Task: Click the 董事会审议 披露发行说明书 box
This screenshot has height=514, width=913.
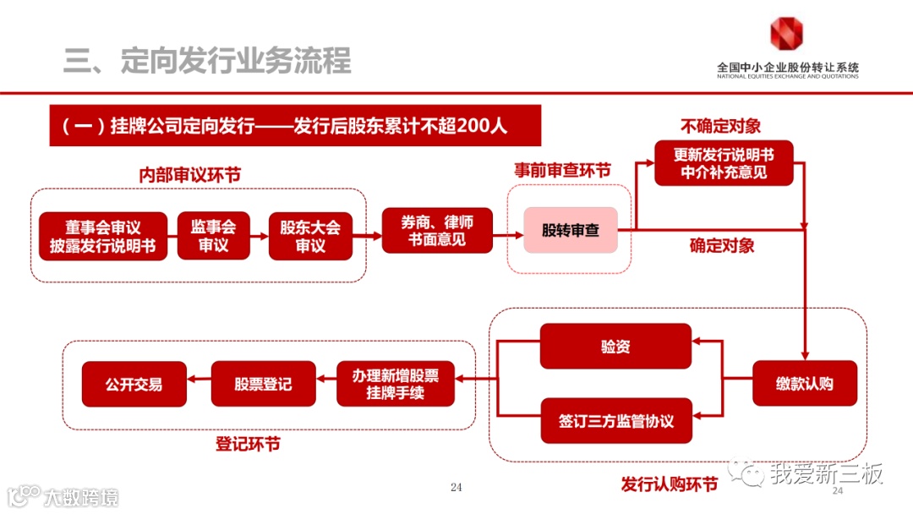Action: pos(103,236)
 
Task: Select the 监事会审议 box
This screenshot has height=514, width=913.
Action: pos(213,236)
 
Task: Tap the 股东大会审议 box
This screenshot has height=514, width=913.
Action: pos(310,236)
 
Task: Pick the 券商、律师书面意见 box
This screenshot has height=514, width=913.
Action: pos(437,230)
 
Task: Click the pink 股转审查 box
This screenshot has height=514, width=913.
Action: pos(570,230)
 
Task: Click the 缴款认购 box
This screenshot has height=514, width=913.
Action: pos(804,384)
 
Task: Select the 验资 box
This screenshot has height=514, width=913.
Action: pos(615,347)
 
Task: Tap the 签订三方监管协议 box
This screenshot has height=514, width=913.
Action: pos(615,420)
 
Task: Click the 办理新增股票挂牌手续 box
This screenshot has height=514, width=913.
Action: pos(396,384)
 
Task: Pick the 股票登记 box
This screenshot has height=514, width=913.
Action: pos(263,384)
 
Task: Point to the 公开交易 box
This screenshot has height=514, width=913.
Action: pos(134,384)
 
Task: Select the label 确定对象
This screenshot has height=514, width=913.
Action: pos(721,246)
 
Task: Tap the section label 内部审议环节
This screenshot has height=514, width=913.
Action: pos(189,174)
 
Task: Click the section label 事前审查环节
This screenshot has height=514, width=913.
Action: pos(562,170)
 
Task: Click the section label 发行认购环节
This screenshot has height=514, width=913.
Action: pos(669,484)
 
